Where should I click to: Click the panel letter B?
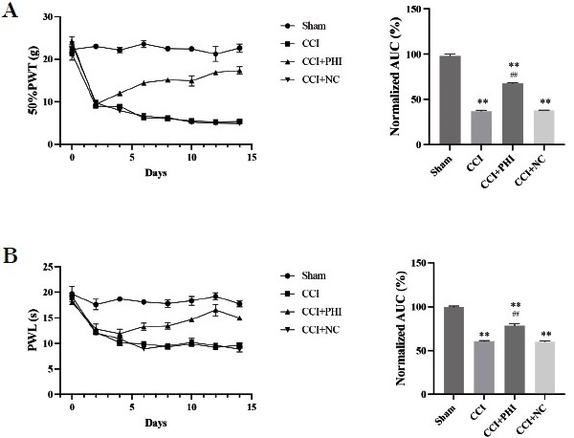tap(11, 257)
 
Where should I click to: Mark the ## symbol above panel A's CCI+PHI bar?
tap(513, 76)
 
